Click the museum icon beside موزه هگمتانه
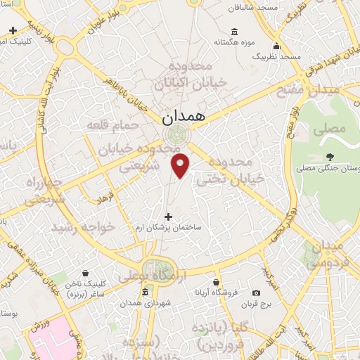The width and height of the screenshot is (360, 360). [x=234, y=32]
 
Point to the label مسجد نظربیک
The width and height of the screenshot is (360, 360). [x=277, y=55]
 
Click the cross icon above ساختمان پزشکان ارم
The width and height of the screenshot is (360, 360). [x=167, y=217]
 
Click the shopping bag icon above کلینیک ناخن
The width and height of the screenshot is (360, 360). [x=85, y=273]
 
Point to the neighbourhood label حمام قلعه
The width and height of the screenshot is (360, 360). [x=108, y=125]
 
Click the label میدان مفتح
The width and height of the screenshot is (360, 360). [x=311, y=91]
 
